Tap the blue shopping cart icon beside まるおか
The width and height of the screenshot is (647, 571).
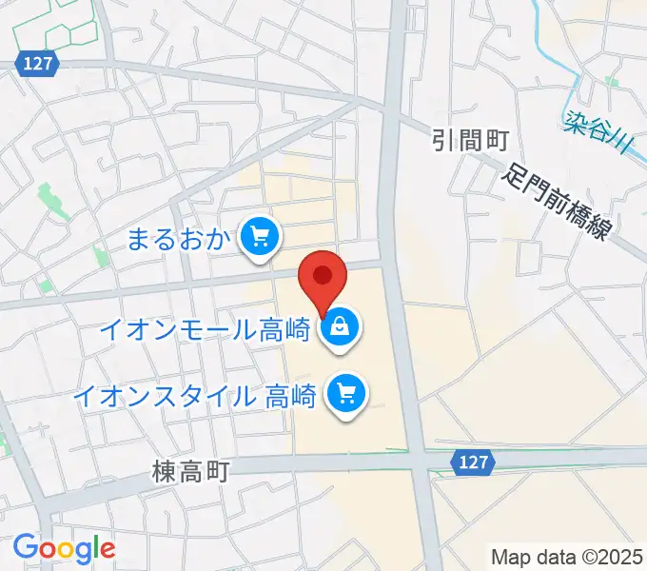(259, 236)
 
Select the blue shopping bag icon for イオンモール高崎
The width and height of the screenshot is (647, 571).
(340, 329)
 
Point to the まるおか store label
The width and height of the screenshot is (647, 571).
(180, 238)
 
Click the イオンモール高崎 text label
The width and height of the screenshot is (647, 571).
(206, 330)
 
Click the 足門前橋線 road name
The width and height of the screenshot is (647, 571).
(559, 201)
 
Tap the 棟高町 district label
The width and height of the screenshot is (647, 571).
(190, 471)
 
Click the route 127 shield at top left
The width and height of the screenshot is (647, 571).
(39, 64)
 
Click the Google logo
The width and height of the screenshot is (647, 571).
(64, 548)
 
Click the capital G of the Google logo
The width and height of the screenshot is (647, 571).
(28, 547)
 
